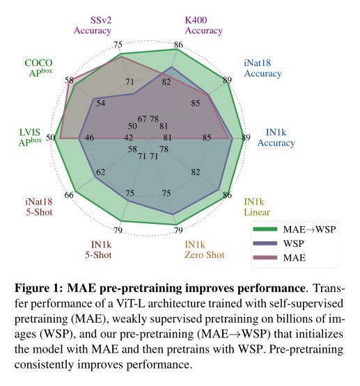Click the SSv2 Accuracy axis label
[x=93, y=25]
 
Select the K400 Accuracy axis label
[x=203, y=25]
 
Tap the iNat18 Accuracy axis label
[x=263, y=68]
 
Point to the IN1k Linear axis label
[x=257, y=207]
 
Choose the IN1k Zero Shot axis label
[x=205, y=250]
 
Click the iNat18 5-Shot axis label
[x=39, y=207]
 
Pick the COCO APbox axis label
[x=39, y=67]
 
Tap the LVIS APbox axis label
[x=30, y=137]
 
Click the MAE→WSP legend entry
[x=295, y=230]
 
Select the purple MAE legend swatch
[x=265, y=257]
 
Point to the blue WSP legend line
[x=265, y=243]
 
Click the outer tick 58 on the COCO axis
[x=69, y=80]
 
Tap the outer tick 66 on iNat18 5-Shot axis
[x=69, y=195]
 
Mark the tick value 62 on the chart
[x=100, y=172]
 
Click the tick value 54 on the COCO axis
[x=100, y=103]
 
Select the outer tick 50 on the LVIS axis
[x=51, y=138]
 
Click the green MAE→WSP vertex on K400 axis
[x=177, y=49]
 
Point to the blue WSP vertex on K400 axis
[x=172, y=67]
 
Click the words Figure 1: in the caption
[x=39, y=288]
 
